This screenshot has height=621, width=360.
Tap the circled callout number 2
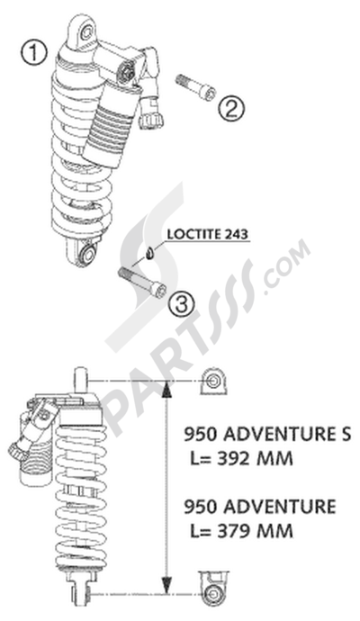(x=232, y=110)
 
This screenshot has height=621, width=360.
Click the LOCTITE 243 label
(x=210, y=235)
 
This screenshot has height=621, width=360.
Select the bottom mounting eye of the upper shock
(x=86, y=255)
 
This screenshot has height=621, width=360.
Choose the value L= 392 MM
(x=242, y=459)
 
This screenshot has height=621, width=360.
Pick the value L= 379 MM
(x=241, y=531)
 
